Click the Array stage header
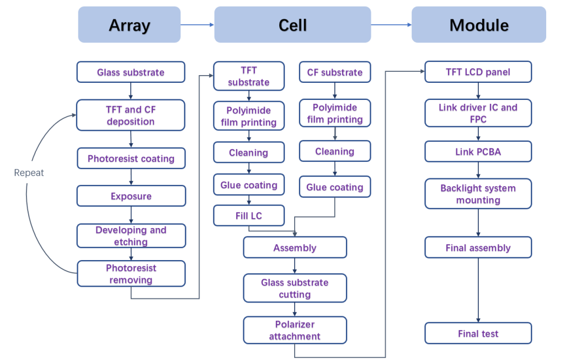coord(129,24)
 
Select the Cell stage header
coord(292,24)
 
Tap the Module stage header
coord(479,24)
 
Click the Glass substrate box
coord(131,72)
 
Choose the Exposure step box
coord(131,196)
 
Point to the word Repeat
coord(29,173)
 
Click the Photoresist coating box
coord(131,158)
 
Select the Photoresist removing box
coord(131,274)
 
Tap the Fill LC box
coord(249,216)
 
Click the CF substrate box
coord(335,72)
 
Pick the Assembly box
coord(295,247)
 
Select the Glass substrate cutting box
coord(295,288)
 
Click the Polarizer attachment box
coord(295,330)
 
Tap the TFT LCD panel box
coord(478,72)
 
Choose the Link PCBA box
coord(478,151)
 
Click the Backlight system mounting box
coord(478,194)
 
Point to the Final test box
coord(478,333)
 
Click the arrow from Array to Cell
coord(198,24)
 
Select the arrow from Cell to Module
coord(391,24)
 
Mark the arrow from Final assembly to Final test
coord(478,290)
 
